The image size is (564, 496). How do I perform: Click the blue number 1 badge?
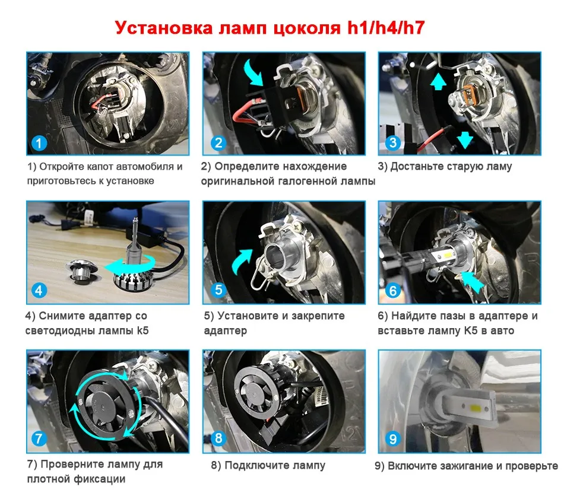[39, 143]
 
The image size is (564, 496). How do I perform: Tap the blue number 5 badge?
[218, 290]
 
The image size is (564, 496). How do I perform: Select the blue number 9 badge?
[393, 438]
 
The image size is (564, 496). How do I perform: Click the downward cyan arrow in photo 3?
[464, 139]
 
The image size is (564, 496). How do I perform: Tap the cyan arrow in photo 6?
[473, 282]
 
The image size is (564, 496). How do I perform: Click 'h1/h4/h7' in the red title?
[385, 28]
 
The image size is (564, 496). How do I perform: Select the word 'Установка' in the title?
[164, 28]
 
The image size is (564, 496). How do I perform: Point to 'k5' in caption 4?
[143, 330]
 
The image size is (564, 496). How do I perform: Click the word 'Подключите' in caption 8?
[257, 466]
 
